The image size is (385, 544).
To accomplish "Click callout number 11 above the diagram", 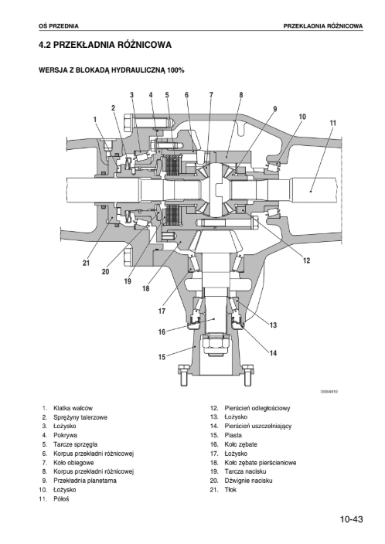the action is click(x=333, y=123).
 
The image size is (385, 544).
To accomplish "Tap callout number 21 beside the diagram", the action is click(x=86, y=263).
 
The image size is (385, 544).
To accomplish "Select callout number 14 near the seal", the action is click(x=273, y=353).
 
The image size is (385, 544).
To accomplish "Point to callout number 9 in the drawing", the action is click(x=275, y=109).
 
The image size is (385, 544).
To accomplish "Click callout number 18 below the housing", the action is click(x=146, y=288).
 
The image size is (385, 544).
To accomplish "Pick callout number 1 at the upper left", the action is click(x=95, y=119).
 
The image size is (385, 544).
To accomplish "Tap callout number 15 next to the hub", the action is click(x=162, y=357).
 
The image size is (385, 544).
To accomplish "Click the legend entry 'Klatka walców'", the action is click(x=73, y=408).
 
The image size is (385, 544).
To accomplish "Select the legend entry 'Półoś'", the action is click(x=61, y=499).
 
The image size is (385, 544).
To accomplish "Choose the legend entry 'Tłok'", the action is click(x=230, y=490).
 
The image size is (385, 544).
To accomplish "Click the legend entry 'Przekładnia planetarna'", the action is click(x=85, y=481).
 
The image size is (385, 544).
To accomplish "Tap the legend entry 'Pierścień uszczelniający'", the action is click(x=258, y=426).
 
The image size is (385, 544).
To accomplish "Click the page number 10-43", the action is click(x=351, y=519).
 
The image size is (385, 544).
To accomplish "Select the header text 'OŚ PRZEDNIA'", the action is click(x=59, y=26).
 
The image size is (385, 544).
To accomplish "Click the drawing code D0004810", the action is click(x=329, y=392).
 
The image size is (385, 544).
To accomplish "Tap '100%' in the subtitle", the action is click(x=175, y=70).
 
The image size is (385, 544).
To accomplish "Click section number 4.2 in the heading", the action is click(x=45, y=45).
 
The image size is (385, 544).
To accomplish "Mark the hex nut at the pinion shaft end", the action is click(x=214, y=344).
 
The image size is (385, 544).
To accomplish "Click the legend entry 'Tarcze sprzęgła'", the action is click(x=75, y=444).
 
